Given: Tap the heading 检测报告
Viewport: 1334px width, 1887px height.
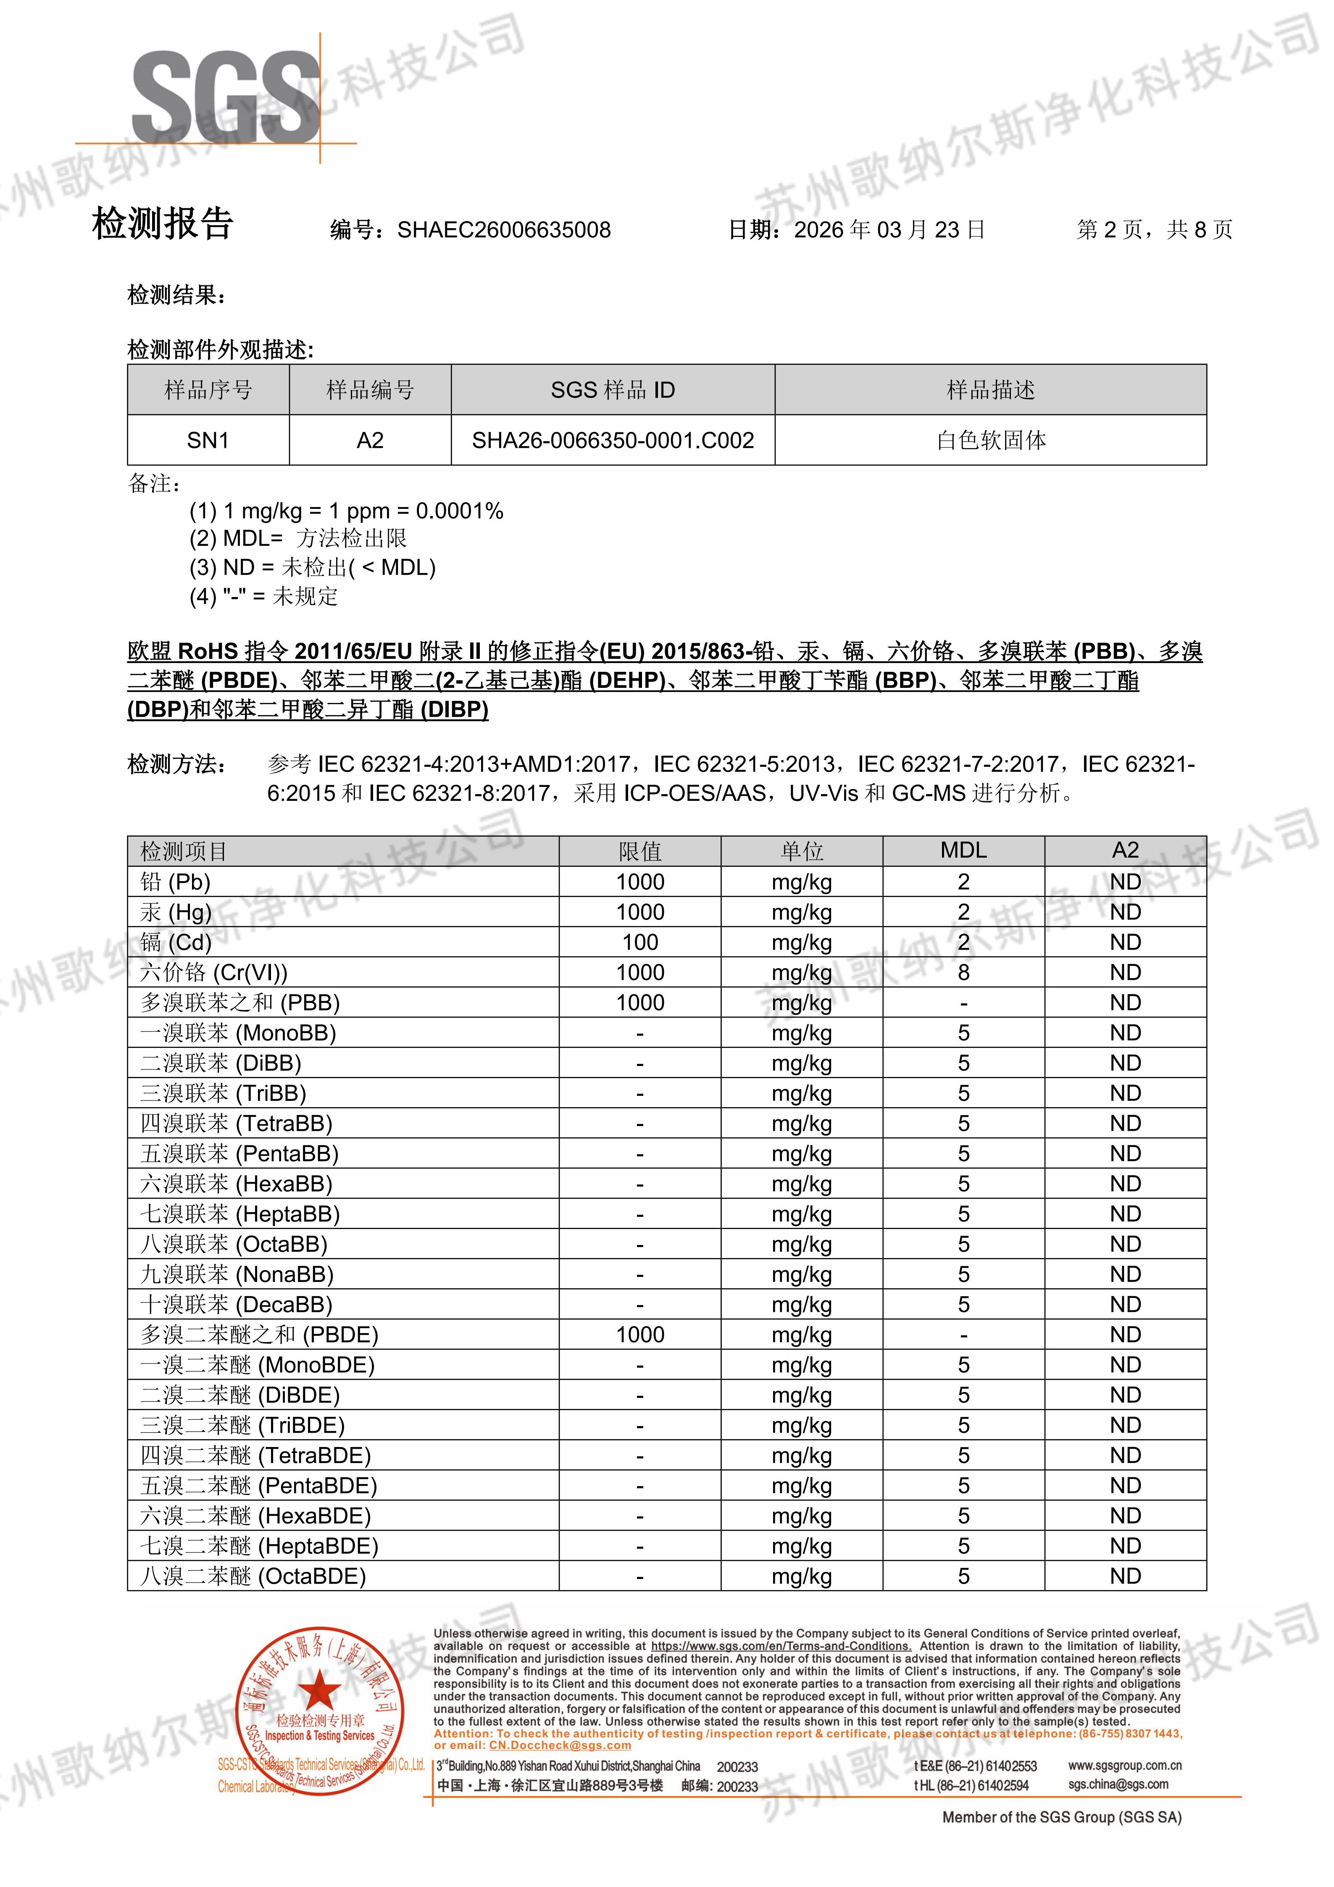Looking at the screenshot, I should pos(163,224).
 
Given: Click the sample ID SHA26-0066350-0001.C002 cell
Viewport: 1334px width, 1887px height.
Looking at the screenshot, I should pos(612,440).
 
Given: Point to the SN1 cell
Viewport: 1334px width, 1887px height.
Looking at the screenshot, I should pos(208,440).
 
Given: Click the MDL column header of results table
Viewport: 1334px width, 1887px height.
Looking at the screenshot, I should pos(963,850).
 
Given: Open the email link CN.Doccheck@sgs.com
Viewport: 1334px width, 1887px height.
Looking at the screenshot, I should pos(560,1746).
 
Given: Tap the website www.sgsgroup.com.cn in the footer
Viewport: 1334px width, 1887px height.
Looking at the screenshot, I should pos(1124,1766).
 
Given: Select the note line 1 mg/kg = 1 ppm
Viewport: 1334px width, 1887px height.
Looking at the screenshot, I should pos(346,511).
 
